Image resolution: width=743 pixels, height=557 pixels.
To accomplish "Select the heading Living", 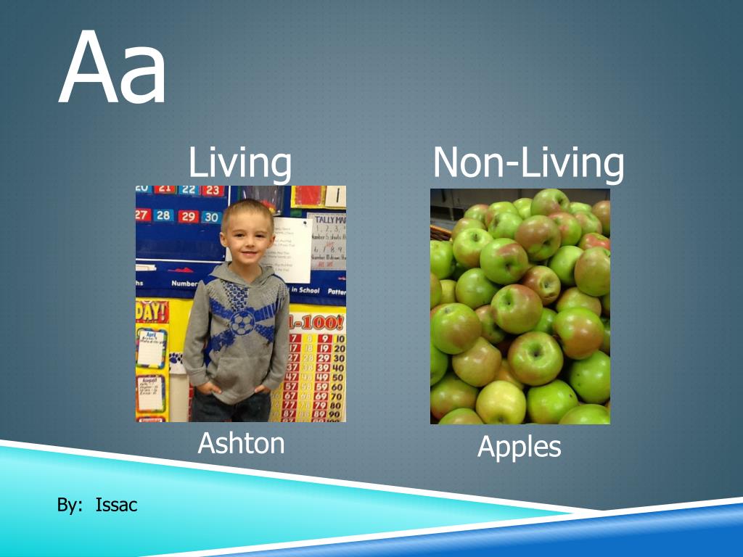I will coord(240,162).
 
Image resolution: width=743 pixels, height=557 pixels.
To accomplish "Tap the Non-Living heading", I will coord(528,162).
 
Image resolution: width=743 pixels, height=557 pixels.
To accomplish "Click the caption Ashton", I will coord(241,442).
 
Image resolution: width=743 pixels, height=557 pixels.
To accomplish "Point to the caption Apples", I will coord(519,447).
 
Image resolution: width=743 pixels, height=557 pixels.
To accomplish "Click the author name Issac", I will coord(116,506).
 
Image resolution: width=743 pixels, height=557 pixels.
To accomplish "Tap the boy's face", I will coord(247,236).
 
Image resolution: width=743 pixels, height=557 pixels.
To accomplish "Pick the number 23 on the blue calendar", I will coord(212,191).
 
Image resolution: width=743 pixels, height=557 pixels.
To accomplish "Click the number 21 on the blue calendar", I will coord(165,190).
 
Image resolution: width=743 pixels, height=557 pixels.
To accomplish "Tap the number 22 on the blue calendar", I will coord(189,190).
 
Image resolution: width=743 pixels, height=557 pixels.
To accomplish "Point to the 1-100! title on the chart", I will coord(316,322).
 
